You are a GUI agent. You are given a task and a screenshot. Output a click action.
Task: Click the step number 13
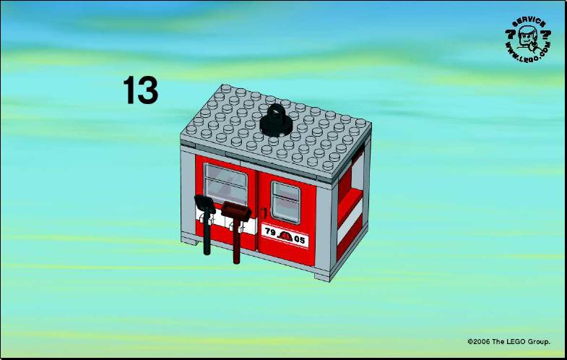140,90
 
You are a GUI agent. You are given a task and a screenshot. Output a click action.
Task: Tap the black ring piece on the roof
276,121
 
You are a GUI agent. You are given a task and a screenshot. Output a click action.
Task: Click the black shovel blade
204,205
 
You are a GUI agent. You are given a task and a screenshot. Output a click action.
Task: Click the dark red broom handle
236,241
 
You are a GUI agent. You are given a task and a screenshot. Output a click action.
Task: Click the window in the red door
286,203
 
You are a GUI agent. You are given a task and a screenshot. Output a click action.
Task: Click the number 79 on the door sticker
270,232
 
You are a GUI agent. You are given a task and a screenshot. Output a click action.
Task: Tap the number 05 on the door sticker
300,239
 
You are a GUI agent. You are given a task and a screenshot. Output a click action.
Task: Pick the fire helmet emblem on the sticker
285,236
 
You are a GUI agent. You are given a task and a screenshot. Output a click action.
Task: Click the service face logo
528,39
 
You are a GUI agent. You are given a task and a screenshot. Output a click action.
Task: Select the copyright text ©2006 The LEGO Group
508,341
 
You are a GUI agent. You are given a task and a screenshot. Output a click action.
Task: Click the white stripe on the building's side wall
350,223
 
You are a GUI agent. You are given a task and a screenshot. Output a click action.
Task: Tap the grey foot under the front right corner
322,277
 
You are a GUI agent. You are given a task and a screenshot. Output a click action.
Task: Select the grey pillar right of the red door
324,228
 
